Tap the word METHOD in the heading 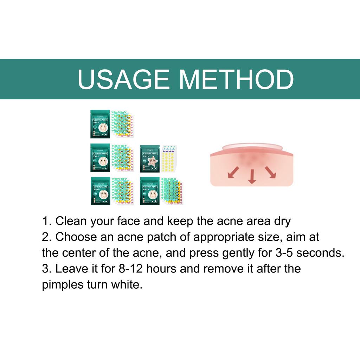click(236, 80)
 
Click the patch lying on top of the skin click(251, 146)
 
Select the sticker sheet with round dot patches click(171, 192)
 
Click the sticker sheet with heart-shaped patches click(122, 192)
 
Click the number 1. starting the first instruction click(47, 221)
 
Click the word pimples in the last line click(62, 285)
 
